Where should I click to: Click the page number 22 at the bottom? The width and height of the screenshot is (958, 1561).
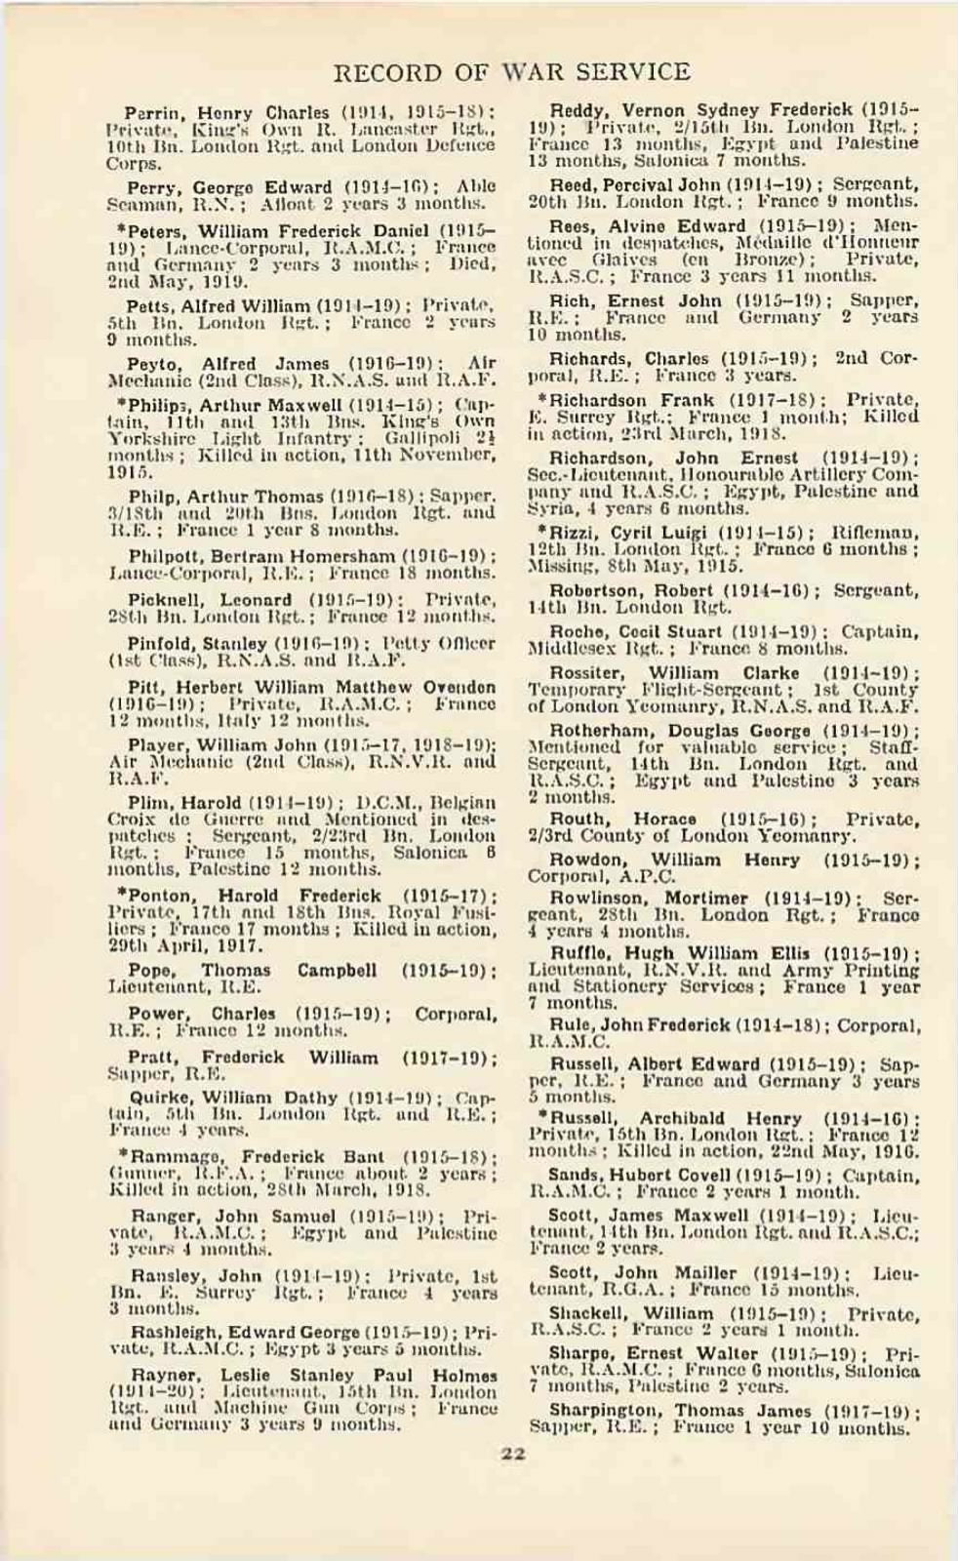click(x=513, y=1427)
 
